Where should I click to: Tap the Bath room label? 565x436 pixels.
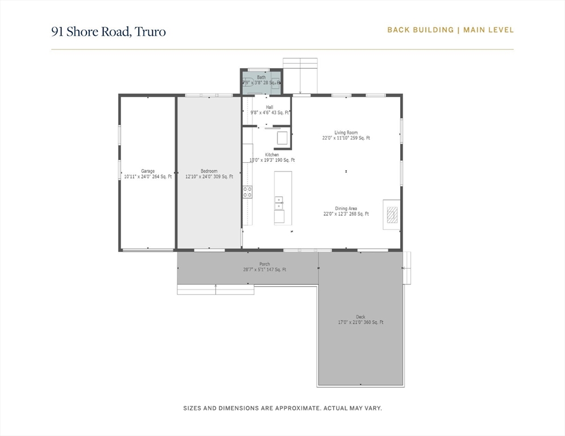pos(261,77)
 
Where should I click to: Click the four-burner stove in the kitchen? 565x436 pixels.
pos(248,192)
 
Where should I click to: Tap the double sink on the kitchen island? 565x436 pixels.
pos(279,203)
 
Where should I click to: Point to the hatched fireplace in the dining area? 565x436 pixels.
pos(392,214)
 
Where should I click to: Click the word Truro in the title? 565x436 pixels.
pos(150,31)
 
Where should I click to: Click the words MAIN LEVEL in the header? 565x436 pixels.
pos(489,30)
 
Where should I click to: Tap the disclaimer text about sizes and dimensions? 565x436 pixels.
pos(282,408)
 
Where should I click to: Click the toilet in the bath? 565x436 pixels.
pos(276,83)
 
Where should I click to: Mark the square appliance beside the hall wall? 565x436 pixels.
pos(282,138)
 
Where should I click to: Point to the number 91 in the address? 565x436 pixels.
pos(57,31)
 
